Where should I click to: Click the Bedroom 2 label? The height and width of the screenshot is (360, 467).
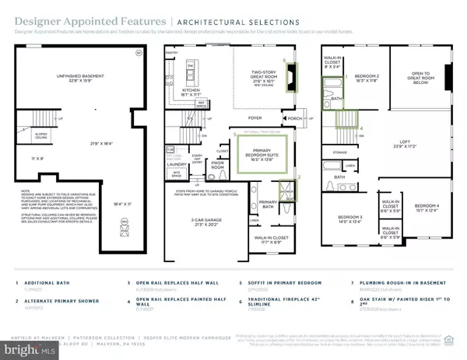click(x=366, y=76)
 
